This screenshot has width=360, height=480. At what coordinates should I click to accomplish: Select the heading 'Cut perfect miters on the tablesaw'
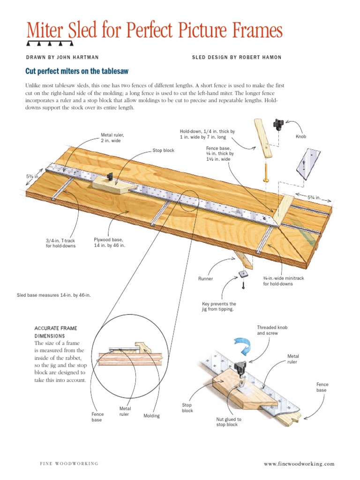coord(76,71)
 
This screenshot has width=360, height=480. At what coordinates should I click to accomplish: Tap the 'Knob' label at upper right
coord(300,137)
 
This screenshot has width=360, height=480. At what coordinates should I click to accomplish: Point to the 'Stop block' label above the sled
coord(163,150)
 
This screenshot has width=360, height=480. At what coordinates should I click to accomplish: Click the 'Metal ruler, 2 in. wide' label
coord(112,138)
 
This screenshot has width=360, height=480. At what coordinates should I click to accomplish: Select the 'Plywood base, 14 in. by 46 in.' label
coord(110,242)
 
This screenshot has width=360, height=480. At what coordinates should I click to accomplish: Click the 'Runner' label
coord(205,278)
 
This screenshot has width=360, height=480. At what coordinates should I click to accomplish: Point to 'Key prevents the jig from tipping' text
coord(219,307)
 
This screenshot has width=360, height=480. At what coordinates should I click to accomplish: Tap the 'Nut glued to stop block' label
coord(229,422)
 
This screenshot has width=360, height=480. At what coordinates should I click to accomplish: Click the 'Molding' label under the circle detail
coord(151,416)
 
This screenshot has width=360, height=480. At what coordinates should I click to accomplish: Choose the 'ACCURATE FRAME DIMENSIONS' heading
coord(56,332)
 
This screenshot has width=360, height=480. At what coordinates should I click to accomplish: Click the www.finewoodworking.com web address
coord(299,464)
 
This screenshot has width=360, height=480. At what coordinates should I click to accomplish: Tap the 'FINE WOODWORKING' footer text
coord(68,464)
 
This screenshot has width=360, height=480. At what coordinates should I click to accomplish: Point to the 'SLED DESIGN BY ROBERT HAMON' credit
coord(237,57)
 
